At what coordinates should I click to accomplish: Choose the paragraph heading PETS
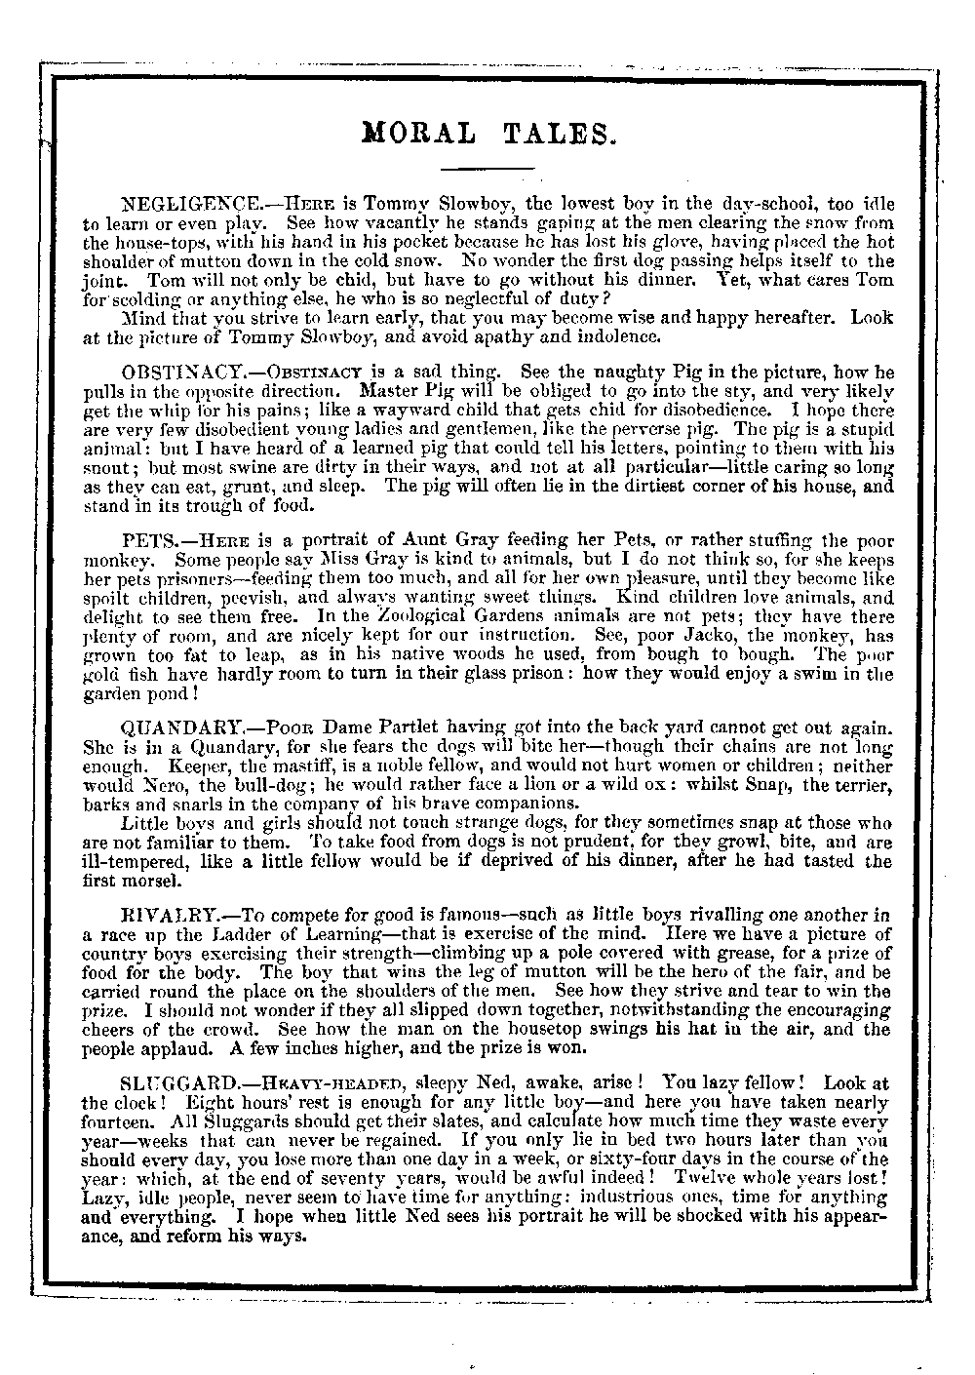[147, 540]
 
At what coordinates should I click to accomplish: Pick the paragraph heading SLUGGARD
[176, 1083]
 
